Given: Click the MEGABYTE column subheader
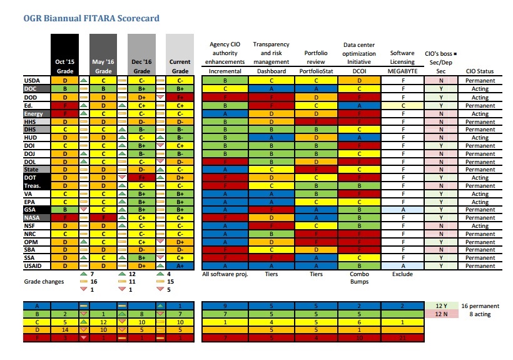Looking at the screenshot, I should tap(402, 71).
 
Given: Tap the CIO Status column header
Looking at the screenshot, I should tap(480, 71).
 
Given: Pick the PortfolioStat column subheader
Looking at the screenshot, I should tap(316, 71).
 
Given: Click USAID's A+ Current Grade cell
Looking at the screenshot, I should tap(180, 266).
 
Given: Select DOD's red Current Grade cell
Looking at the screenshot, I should tap(180, 98).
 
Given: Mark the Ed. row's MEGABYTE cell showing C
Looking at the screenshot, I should tap(402, 106).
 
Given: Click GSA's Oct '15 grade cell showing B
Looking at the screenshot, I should tap(64, 209).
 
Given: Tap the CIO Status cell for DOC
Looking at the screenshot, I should tap(480, 89).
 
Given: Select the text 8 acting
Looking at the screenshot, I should tap(480, 314).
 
